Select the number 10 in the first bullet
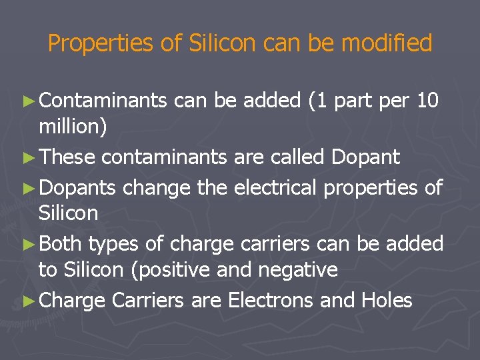pyautogui.click(x=427, y=101)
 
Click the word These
pyautogui.click(x=68, y=157)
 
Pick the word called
pyautogui.click(x=295, y=157)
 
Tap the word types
pyautogui.click(x=114, y=244)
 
